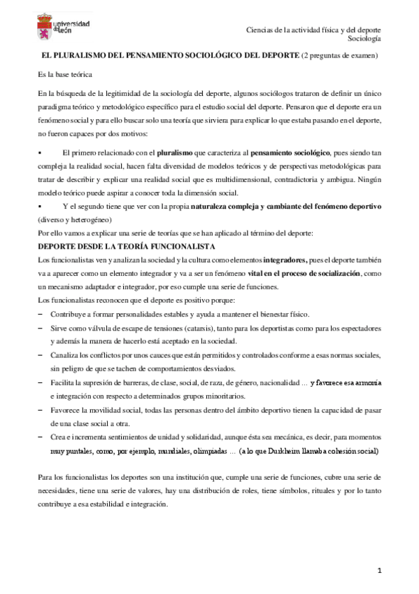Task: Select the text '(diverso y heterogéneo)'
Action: [76, 219]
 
